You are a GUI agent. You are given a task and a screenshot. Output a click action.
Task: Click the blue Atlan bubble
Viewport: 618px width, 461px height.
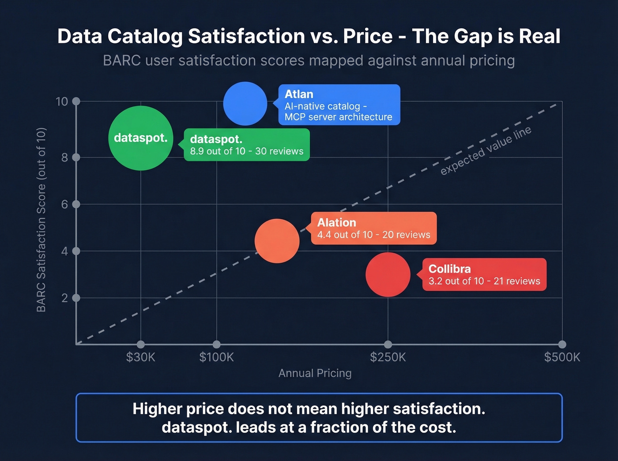245,104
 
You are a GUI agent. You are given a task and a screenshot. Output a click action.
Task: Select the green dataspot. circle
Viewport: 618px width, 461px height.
140,138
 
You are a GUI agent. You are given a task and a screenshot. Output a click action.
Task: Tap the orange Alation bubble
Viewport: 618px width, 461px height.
277,241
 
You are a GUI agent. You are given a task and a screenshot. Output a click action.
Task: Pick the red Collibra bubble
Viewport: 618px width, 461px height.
388,274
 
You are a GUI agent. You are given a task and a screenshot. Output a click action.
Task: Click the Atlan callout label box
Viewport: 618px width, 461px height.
339,105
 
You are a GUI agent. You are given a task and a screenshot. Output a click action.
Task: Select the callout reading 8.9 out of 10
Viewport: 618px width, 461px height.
246,145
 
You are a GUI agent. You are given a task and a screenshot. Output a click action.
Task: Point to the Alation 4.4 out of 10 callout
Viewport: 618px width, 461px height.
373,228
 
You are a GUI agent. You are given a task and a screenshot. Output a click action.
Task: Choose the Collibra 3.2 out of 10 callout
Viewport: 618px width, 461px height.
484,274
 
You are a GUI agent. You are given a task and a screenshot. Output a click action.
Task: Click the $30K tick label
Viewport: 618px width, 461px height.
140,357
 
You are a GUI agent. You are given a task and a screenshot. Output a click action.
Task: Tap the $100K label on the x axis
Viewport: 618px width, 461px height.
216,357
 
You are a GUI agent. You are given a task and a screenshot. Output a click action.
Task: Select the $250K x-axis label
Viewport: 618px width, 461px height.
388,357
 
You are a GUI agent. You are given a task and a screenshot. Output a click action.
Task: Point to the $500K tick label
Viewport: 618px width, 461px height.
562,357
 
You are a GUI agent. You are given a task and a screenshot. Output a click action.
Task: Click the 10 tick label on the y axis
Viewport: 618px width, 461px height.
62,101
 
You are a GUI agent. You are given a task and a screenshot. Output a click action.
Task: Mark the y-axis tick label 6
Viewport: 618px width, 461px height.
64,204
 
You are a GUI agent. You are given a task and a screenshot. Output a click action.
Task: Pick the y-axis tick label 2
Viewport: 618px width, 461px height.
64,298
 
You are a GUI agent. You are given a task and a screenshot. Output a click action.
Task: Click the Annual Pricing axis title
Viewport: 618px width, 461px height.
315,373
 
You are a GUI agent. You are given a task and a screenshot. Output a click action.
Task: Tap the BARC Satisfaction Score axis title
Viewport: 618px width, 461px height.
41,220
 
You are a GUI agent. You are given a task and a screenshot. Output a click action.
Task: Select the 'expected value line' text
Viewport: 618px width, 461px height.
486,151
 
